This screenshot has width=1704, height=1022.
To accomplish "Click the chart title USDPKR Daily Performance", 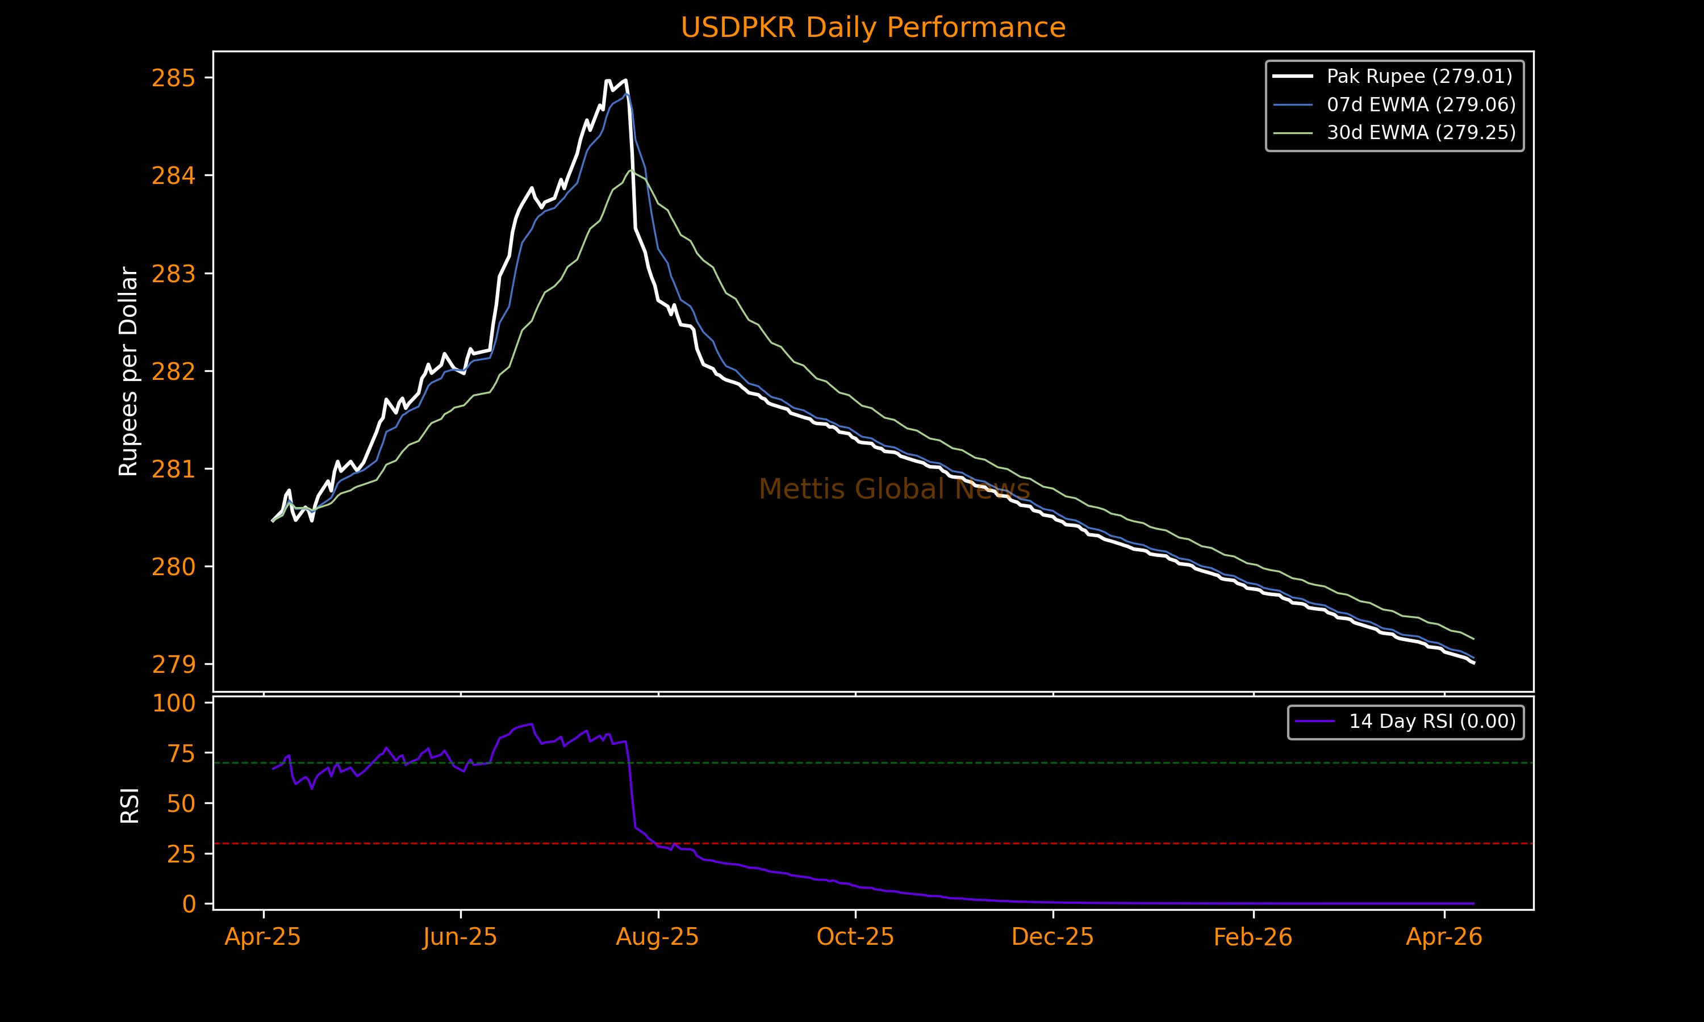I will [872, 28].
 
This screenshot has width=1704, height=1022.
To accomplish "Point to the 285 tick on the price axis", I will [174, 78].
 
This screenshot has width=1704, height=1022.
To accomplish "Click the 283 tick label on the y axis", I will [174, 274].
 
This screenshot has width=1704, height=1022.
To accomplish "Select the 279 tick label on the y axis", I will [174, 664].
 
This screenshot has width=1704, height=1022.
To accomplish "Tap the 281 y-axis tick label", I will [174, 470].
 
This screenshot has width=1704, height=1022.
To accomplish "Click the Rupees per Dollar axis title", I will [129, 371].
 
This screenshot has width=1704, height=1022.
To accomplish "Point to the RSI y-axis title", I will [130, 805].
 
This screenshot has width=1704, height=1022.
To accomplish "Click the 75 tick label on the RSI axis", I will [181, 754].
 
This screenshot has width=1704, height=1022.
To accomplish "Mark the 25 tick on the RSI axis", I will [181, 854].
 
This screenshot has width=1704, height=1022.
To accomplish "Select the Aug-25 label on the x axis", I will [657, 937].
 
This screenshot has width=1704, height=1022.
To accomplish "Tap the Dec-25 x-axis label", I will [1053, 937].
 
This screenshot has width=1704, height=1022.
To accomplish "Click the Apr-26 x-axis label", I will [1444, 937].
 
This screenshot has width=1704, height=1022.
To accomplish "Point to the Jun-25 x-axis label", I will [460, 937].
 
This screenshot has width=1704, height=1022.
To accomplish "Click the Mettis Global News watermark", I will [894, 489].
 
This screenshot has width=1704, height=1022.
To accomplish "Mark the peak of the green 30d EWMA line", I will [631, 170].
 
